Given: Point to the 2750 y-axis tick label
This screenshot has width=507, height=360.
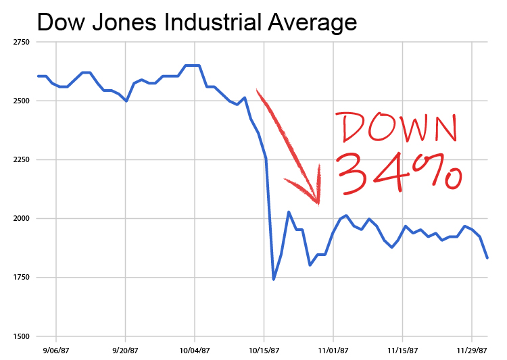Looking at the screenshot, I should [x=22, y=42].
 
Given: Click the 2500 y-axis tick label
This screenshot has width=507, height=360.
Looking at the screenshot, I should [x=22, y=101].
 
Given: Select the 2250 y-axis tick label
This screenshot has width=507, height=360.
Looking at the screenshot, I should [x=22, y=159].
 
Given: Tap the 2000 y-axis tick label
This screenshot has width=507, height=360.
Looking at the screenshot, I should [x=22, y=219].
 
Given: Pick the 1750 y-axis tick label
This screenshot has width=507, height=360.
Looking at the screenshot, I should [x=22, y=278].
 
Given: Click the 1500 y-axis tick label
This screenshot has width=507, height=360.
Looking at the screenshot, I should [x=22, y=336].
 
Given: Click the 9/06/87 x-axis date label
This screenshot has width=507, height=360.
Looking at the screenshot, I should [x=56, y=351].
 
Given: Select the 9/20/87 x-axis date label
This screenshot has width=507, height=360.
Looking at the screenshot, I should [x=125, y=351].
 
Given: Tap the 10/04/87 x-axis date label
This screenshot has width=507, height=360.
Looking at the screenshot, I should [x=195, y=351].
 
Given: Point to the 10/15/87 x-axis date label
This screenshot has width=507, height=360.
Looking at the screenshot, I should [x=264, y=351].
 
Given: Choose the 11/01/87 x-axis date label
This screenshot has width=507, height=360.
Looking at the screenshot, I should [x=333, y=351].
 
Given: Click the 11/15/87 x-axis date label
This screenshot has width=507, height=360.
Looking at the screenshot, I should [x=402, y=351].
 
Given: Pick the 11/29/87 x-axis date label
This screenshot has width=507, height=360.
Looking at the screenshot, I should [x=472, y=351].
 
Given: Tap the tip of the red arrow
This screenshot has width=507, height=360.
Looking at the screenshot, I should [x=316, y=203].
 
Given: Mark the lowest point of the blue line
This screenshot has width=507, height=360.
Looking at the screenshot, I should [x=274, y=279].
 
